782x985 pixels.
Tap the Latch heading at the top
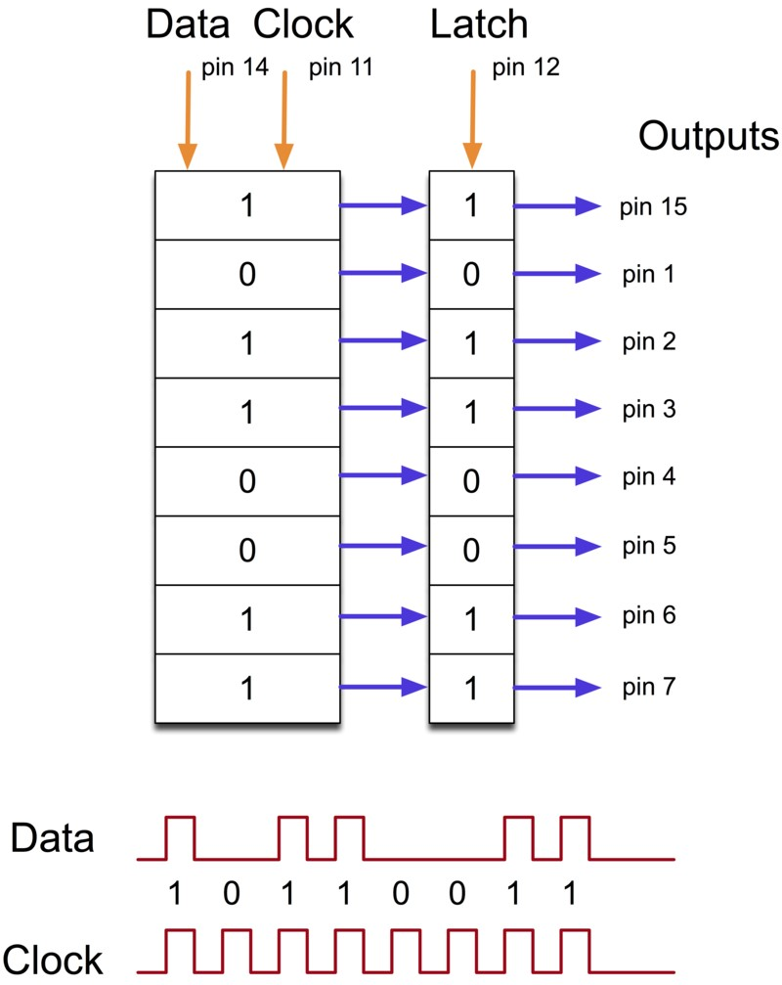[x=479, y=26]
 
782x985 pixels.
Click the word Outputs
[x=709, y=136]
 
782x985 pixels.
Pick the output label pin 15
[x=654, y=207]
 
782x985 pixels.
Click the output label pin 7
[x=649, y=688]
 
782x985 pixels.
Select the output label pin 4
[x=649, y=477]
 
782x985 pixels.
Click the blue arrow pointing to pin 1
[x=556, y=274]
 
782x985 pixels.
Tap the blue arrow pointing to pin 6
[x=556, y=617]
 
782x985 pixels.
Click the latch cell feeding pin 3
[x=471, y=412]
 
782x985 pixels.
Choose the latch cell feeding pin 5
[x=471, y=550]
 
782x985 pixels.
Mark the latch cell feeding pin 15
[x=471, y=206]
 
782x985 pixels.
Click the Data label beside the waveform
[x=53, y=839]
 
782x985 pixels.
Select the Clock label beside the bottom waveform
[x=53, y=960]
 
